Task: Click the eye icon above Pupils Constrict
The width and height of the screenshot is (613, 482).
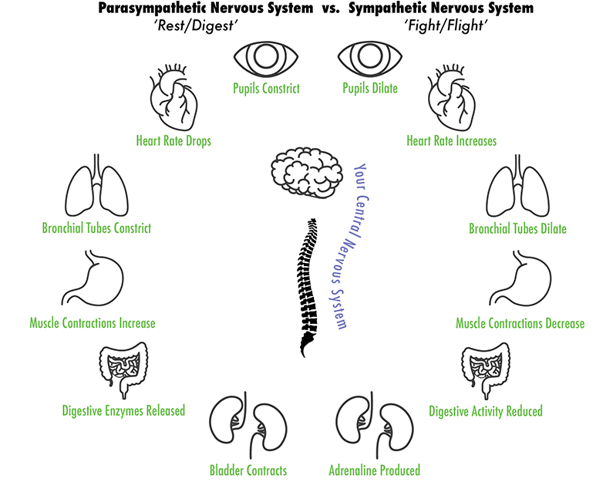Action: [266, 59]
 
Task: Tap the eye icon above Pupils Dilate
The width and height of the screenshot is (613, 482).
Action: [370, 59]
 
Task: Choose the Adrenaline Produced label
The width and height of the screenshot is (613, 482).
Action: [374, 470]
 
